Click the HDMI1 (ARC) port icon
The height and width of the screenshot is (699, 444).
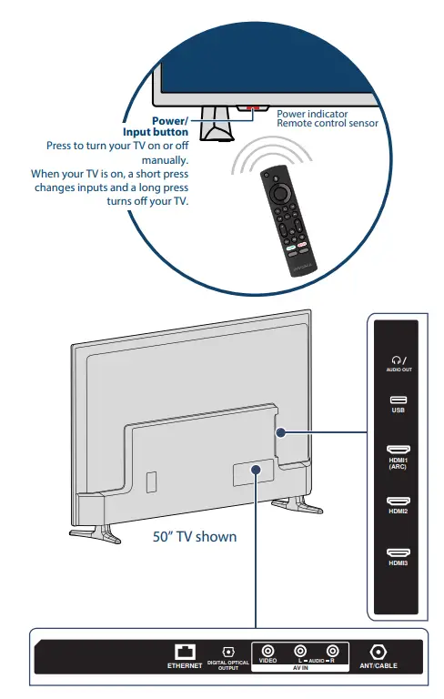point(399,451)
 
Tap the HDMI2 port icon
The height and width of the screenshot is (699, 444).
point(399,501)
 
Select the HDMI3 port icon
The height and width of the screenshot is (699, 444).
point(399,552)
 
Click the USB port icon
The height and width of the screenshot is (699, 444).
point(399,400)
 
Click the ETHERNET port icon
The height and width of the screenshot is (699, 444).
point(186,653)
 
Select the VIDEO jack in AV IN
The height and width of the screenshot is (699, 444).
point(267,652)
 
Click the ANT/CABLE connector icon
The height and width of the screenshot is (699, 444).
point(378,653)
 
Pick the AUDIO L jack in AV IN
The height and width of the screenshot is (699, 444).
point(300,652)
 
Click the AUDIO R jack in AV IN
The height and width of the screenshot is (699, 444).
point(333,652)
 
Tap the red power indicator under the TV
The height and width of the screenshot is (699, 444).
point(251,108)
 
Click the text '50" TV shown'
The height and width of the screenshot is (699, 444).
point(195,536)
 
